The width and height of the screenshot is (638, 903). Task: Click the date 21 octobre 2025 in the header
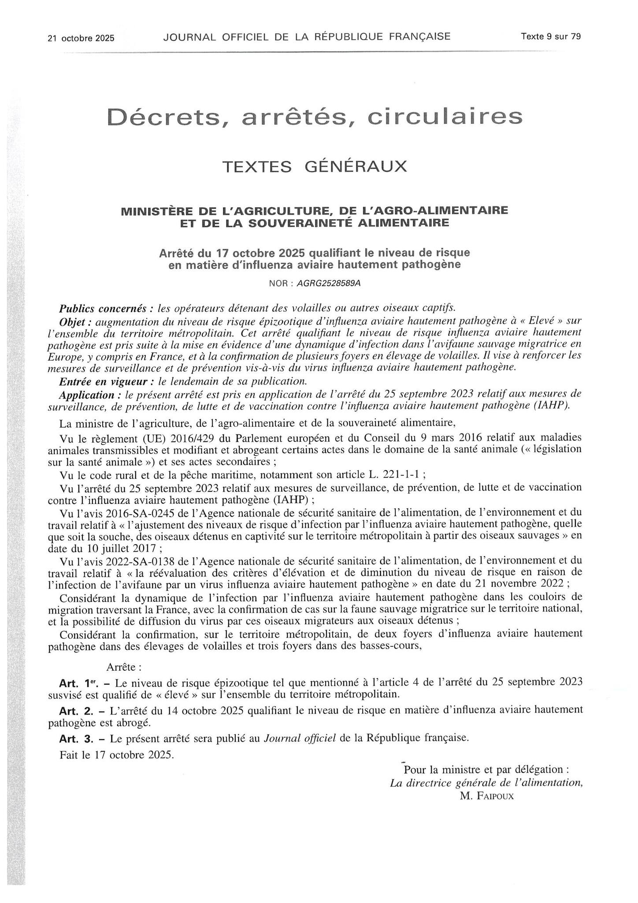81,38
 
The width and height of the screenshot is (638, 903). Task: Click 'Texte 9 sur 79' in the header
551,37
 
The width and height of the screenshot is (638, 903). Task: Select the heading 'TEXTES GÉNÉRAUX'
315,167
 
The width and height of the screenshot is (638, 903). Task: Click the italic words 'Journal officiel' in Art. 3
300,737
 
